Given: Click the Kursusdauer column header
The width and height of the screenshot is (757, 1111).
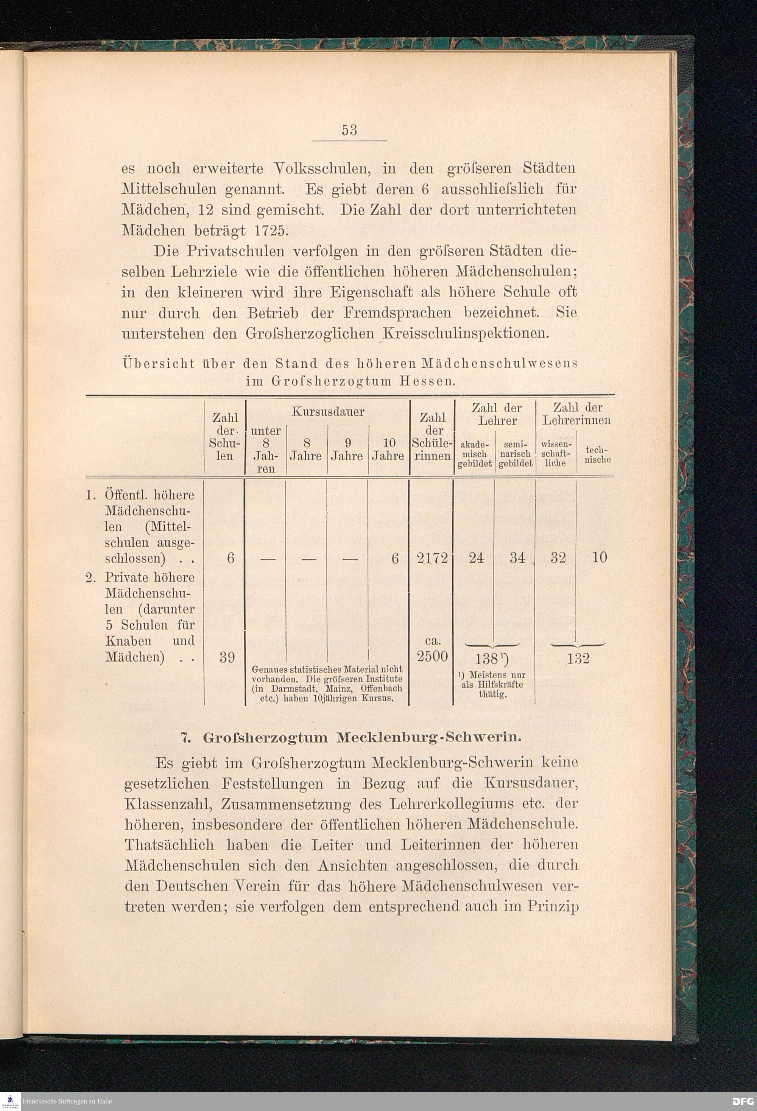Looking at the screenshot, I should tap(328, 412).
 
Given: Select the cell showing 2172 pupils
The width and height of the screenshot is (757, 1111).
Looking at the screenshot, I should tap(432, 558).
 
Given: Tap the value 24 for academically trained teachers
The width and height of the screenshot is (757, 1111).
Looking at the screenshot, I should tap(476, 558).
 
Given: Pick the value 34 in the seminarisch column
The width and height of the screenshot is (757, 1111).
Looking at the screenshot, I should tap(517, 558).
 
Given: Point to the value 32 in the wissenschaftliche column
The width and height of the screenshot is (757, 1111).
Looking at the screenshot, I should tap(558, 558).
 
